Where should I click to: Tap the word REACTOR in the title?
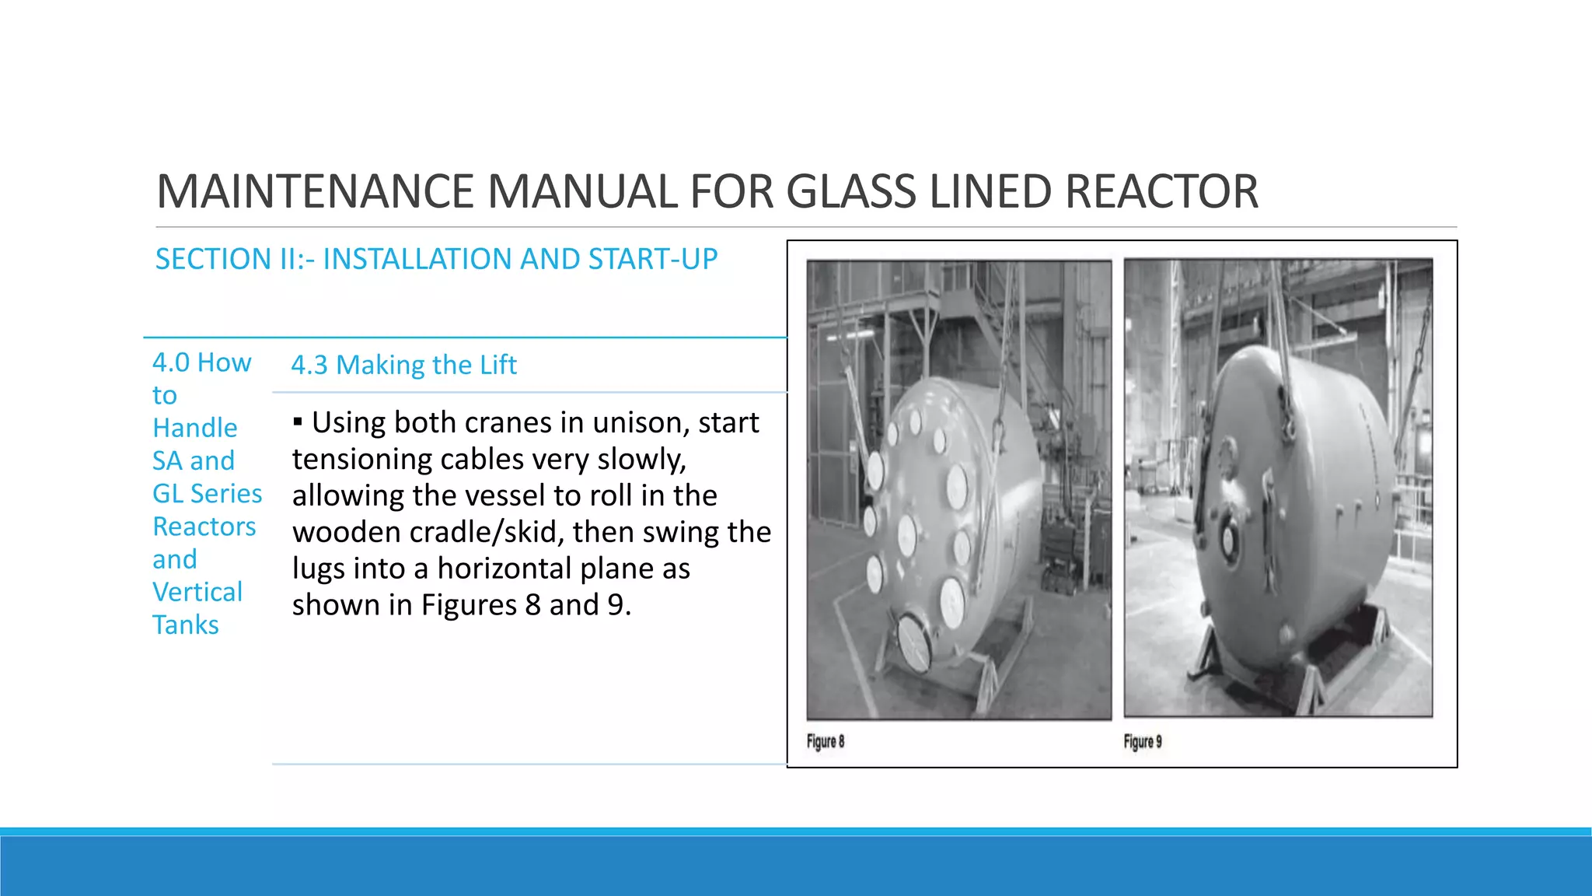click(1161, 191)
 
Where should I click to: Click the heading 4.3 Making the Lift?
click(403, 365)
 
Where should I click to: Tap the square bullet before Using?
click(298, 422)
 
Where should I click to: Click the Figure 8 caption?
click(825, 741)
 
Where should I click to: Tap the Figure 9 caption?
click(1142, 741)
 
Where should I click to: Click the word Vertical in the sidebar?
click(197, 592)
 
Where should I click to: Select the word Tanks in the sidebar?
click(186, 625)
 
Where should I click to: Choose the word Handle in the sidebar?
click(195, 428)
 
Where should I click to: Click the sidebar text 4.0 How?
click(202, 362)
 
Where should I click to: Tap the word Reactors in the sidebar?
click(204, 527)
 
